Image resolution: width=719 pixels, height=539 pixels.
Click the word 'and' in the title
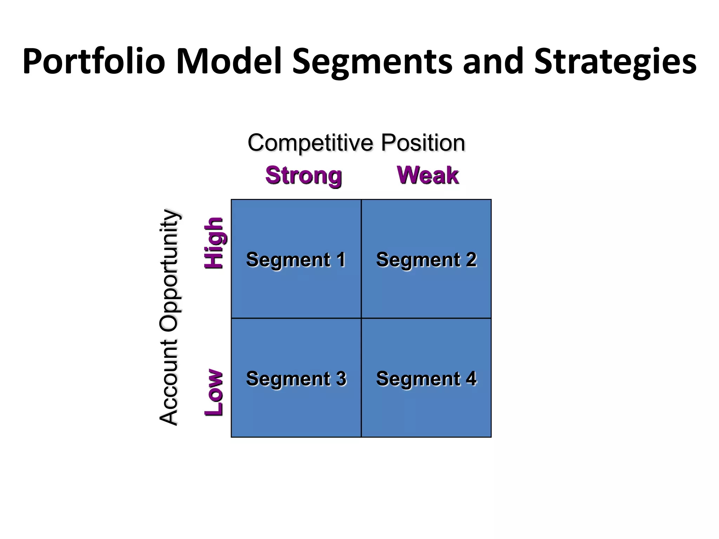click(x=493, y=62)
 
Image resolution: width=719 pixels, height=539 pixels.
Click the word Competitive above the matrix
click(x=310, y=143)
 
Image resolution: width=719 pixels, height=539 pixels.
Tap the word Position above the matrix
click(x=423, y=143)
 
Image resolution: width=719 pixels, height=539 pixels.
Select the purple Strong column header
click(x=304, y=175)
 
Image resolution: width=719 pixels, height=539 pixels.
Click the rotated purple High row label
click(x=214, y=243)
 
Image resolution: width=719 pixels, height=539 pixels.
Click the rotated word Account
click(x=169, y=382)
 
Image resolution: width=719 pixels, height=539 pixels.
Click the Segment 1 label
click(x=296, y=260)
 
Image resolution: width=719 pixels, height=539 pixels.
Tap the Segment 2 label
click(x=426, y=260)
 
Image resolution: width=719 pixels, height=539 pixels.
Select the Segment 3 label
click(x=296, y=379)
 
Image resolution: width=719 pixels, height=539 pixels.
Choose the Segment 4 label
click(x=426, y=379)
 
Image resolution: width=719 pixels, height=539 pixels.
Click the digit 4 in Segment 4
click(x=471, y=378)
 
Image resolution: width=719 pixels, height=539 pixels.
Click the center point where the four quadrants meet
click(x=361, y=318)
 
